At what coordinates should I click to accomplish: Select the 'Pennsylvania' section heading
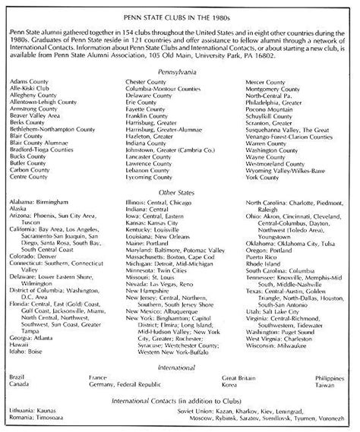click(x=180, y=68)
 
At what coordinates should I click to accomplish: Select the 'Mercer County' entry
click(x=267, y=80)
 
